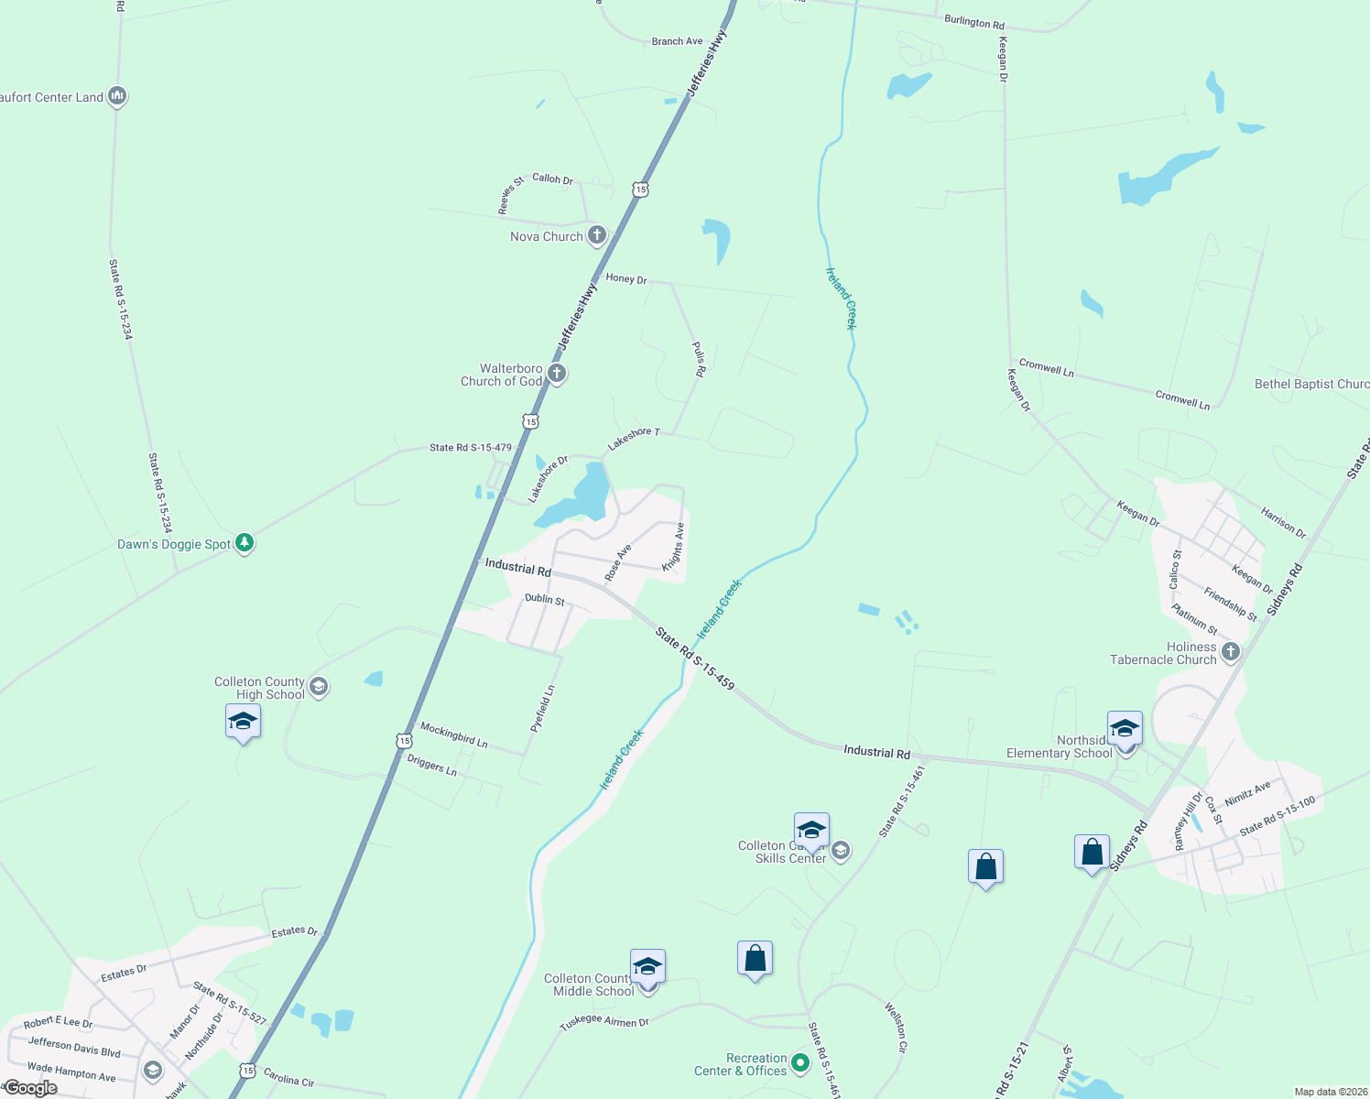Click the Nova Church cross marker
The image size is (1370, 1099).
(x=596, y=235)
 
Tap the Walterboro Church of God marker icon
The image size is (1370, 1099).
(x=556, y=374)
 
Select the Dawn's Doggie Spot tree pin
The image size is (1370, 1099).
(x=244, y=543)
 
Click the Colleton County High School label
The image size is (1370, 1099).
(x=259, y=688)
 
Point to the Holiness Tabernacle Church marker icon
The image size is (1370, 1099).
(x=1231, y=652)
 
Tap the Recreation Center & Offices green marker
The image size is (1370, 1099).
(x=800, y=1063)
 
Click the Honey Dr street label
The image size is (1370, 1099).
(x=626, y=278)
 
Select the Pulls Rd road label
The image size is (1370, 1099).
(x=699, y=360)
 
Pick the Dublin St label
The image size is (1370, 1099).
(x=545, y=600)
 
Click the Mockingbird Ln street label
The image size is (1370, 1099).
(x=454, y=734)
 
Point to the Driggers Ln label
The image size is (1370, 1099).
(x=431, y=765)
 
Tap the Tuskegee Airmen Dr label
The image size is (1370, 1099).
(x=604, y=1022)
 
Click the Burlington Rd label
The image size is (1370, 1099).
(x=974, y=22)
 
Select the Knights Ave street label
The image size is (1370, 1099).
(x=674, y=547)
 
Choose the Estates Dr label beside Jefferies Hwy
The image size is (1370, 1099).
(x=295, y=931)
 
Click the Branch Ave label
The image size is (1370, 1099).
(x=678, y=41)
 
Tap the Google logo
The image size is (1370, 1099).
(x=30, y=1088)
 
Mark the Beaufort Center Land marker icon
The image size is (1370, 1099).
(x=116, y=95)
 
